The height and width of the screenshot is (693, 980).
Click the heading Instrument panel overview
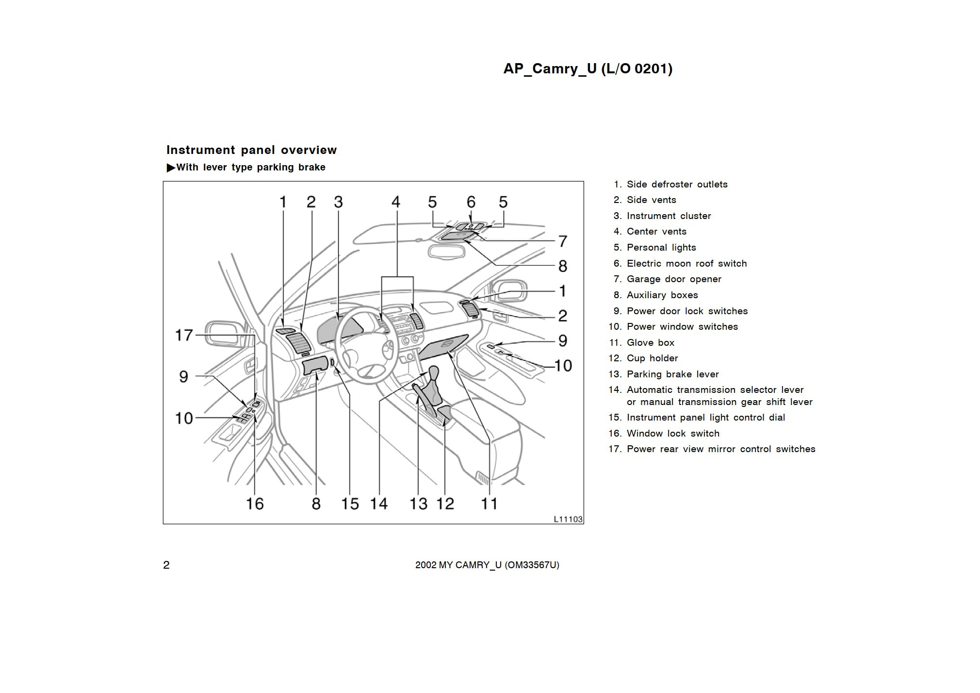pos(251,150)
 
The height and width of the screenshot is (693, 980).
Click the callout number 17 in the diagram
pos(184,335)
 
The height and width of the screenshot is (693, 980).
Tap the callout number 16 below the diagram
pos(255,504)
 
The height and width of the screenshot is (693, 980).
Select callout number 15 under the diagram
pos(350,504)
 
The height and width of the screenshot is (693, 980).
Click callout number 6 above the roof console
pos(471,202)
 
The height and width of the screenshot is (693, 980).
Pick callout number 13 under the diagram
pos(418,504)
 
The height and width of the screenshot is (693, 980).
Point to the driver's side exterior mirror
pos(223,334)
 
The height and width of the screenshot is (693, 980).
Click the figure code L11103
pos(568,519)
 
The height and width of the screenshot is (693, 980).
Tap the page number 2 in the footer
pos(166,565)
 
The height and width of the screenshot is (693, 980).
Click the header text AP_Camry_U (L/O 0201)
pos(588,69)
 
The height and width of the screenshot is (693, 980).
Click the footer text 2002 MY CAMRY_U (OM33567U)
pos(487,565)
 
